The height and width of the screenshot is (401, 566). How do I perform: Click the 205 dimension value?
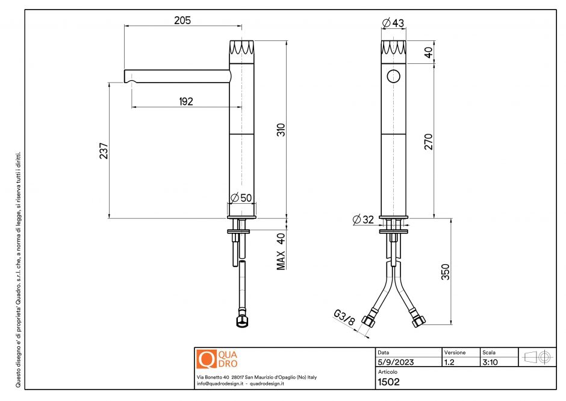[182, 21]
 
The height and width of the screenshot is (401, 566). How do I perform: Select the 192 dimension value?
[185, 102]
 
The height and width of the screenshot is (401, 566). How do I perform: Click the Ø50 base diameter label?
[242, 198]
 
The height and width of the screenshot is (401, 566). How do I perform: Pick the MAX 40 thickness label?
[281, 251]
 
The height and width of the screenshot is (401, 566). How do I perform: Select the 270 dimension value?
[428, 141]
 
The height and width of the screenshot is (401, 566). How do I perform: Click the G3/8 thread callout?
[344, 318]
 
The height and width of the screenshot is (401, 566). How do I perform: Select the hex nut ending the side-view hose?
[241, 320]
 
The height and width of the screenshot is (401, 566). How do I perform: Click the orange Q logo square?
[207, 359]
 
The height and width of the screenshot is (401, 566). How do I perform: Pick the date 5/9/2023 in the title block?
[395, 362]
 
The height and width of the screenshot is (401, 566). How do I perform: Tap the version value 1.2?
[449, 362]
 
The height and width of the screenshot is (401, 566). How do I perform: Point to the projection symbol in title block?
[538, 357]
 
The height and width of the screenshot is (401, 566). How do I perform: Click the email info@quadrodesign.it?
[220, 384]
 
